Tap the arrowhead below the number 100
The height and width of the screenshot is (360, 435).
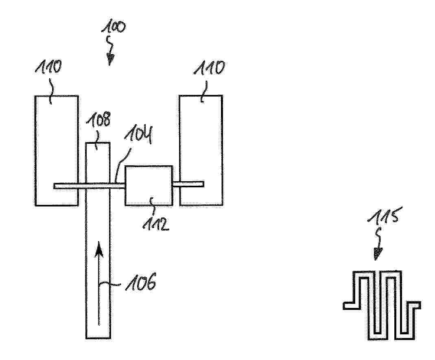click(110, 59)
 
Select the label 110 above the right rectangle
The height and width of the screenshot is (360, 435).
click(209, 68)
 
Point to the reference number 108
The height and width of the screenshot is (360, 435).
click(98, 120)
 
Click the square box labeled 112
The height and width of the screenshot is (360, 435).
click(149, 185)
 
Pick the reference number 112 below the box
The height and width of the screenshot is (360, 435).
click(155, 223)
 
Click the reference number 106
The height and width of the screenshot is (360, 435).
click(141, 282)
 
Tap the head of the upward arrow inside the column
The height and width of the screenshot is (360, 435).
click(98, 249)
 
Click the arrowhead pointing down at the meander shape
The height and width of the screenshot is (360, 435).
click(377, 253)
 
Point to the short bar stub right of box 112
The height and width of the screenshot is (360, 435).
click(188, 184)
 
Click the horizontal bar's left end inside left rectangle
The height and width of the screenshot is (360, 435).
click(54, 186)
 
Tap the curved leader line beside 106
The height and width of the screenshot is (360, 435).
click(109, 284)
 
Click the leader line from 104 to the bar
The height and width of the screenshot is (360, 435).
click(122, 165)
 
